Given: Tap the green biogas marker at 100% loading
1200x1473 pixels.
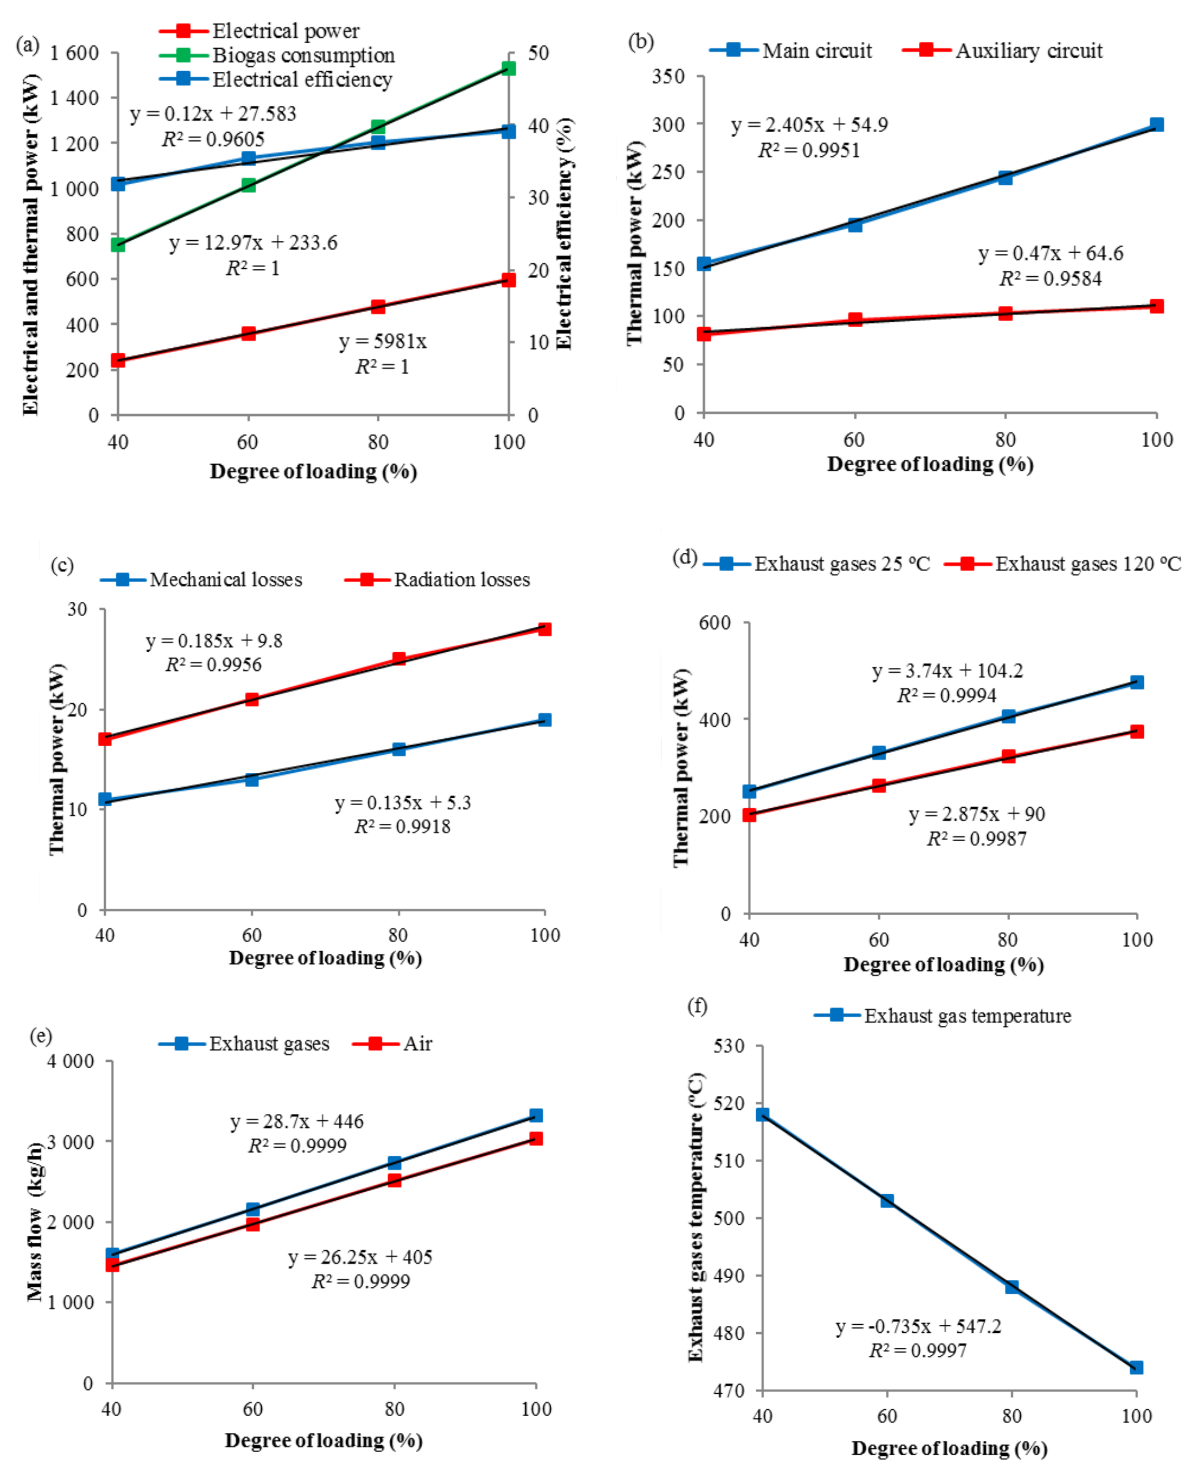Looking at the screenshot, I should tap(509, 68).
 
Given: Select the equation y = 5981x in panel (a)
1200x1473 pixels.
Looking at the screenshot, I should tap(382, 342).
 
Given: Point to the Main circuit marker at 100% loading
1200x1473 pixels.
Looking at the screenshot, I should tap(1156, 125).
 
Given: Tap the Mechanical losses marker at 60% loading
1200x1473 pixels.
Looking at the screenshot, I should tap(252, 779).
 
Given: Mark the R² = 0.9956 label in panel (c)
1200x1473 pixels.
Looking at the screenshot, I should tap(213, 665).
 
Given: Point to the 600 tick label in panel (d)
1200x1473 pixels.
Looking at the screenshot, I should tap(715, 622).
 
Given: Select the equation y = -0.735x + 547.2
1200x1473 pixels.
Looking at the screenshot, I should tap(918, 1327).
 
